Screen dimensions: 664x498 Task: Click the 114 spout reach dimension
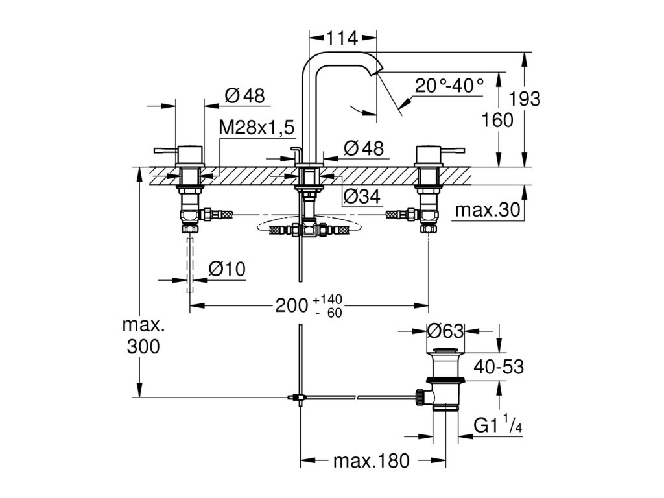[342, 38]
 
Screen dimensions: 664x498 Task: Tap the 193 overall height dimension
[524, 99]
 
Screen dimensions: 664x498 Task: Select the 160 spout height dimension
[497, 120]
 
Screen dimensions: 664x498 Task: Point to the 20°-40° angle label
[449, 86]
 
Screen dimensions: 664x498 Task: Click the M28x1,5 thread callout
[257, 127]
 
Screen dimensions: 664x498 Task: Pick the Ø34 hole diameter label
[362, 196]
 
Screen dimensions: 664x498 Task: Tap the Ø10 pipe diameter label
[227, 269]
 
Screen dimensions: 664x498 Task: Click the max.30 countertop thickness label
[488, 209]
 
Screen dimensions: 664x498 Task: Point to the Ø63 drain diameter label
[445, 331]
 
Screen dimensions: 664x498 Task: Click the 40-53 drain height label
[499, 367]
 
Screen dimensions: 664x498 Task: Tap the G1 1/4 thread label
[498, 424]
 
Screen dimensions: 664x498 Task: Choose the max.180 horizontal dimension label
[372, 461]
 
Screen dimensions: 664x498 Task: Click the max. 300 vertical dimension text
[143, 336]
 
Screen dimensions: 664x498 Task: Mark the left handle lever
[165, 150]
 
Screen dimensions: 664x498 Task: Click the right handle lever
[453, 150]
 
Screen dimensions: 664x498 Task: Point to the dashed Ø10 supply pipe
[190, 265]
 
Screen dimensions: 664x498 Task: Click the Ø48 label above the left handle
[245, 95]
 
